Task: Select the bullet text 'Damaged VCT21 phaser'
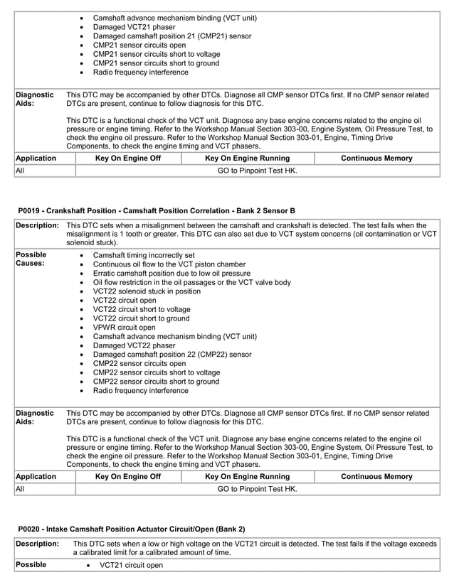[x=134, y=27]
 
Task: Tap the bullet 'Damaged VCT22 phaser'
[x=134, y=345]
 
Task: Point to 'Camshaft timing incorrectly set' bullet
[x=144, y=254]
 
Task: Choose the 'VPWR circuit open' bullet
[x=125, y=328]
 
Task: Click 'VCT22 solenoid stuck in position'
[x=147, y=291]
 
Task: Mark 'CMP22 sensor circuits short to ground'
[x=156, y=382]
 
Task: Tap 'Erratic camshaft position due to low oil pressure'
[x=171, y=273]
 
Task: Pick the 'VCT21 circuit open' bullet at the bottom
[x=131, y=565]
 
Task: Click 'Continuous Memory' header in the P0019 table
[x=376, y=477]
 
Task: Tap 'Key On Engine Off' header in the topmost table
[x=128, y=158]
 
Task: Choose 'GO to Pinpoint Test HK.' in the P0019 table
[x=257, y=490]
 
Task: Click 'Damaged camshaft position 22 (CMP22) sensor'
[x=172, y=355]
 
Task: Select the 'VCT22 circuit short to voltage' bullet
[x=142, y=309]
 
